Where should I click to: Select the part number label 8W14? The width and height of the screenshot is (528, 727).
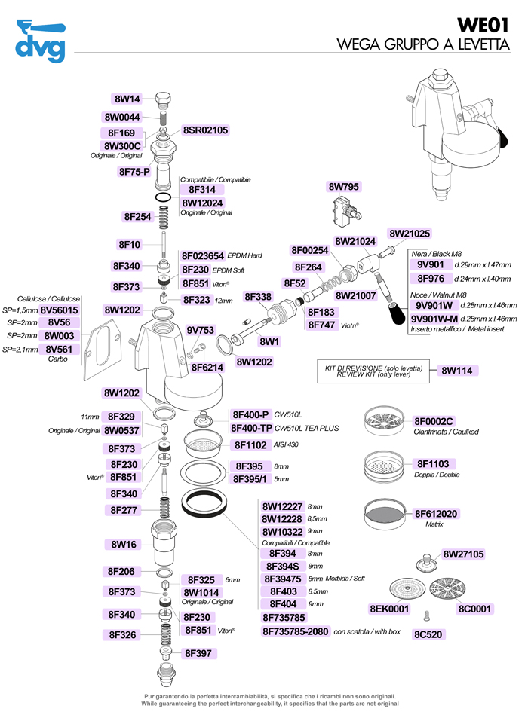pyautogui.click(x=127, y=99)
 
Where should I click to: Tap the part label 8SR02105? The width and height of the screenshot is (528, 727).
pyautogui.click(x=205, y=130)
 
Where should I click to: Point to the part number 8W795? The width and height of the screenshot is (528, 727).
pyautogui.click(x=343, y=186)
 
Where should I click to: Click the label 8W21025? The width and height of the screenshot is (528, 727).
pyautogui.click(x=409, y=234)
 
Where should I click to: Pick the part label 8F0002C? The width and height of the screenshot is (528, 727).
pyautogui.click(x=434, y=420)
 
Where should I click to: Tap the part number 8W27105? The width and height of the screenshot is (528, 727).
pyautogui.click(x=463, y=554)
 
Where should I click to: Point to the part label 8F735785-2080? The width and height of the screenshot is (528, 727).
pyautogui.click(x=296, y=631)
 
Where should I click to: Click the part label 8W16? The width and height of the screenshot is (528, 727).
pyautogui.click(x=123, y=544)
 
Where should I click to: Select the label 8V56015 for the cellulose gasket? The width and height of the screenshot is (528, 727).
pyautogui.click(x=59, y=310)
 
